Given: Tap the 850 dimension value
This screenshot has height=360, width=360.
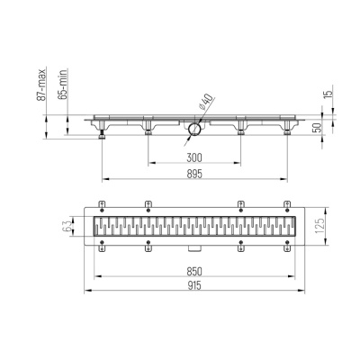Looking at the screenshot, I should pos(193,271).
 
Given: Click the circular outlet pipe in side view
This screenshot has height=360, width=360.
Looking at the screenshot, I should pos(192,133).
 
